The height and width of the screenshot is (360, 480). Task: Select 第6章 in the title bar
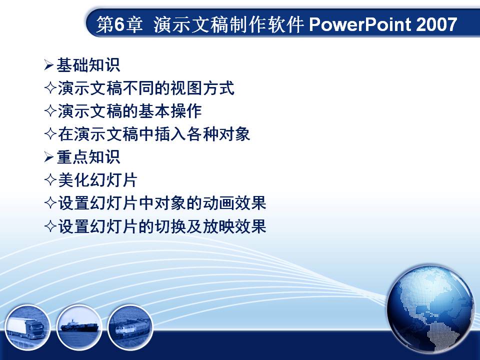(x=119, y=24)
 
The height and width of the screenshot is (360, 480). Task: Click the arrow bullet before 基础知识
(x=48, y=65)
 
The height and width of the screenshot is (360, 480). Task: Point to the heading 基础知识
(x=88, y=65)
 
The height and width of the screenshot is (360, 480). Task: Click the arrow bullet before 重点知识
(x=48, y=157)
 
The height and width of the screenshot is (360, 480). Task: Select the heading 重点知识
(x=88, y=157)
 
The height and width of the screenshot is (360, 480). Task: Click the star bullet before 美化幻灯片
(x=50, y=180)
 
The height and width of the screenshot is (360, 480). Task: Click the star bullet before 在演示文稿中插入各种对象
(x=50, y=134)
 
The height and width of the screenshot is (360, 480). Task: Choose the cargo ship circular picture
(x=79, y=327)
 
